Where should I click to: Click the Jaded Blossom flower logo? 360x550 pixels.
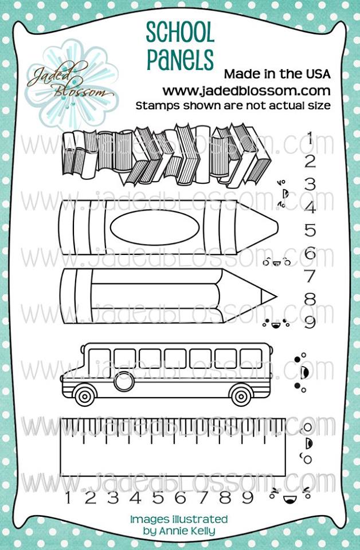pyautogui.click(x=72, y=84)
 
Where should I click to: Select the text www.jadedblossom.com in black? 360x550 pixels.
pyautogui.click(x=246, y=91)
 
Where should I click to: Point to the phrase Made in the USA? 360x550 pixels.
pyautogui.click(x=277, y=74)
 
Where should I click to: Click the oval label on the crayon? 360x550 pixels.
pyautogui.click(x=155, y=227)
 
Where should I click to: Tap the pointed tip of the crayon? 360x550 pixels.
pyautogui.click(x=277, y=227)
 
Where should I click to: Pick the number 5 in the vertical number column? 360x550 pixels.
pyautogui.click(x=310, y=230)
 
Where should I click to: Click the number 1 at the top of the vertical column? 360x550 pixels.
pyautogui.click(x=310, y=138)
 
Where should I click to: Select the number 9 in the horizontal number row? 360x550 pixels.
pyautogui.click(x=248, y=497)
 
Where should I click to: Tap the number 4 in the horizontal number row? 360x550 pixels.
pyautogui.click(x=135, y=497)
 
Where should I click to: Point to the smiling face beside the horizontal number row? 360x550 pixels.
pyautogui.click(x=290, y=495)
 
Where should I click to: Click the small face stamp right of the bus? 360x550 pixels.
pyautogui.click(x=301, y=372)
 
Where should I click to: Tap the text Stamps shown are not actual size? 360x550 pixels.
pyautogui.click(x=233, y=105)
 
